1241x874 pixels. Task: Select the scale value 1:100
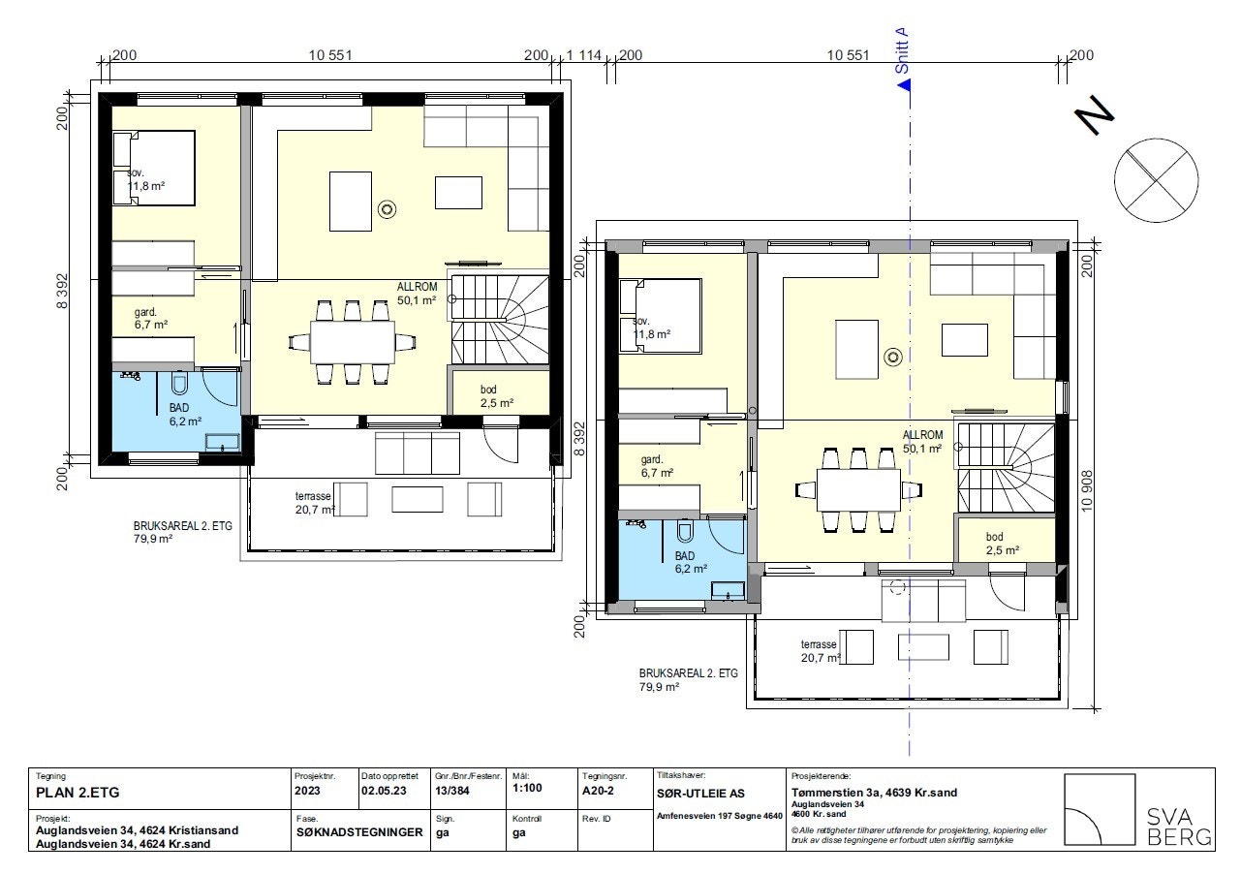527,788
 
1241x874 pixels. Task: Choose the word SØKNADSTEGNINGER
359,832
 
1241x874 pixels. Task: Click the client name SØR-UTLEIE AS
700,793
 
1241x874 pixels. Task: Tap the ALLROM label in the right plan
922,435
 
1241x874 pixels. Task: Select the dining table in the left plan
353,340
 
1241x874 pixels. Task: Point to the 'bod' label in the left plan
489,390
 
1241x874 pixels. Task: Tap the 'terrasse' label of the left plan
313,495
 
